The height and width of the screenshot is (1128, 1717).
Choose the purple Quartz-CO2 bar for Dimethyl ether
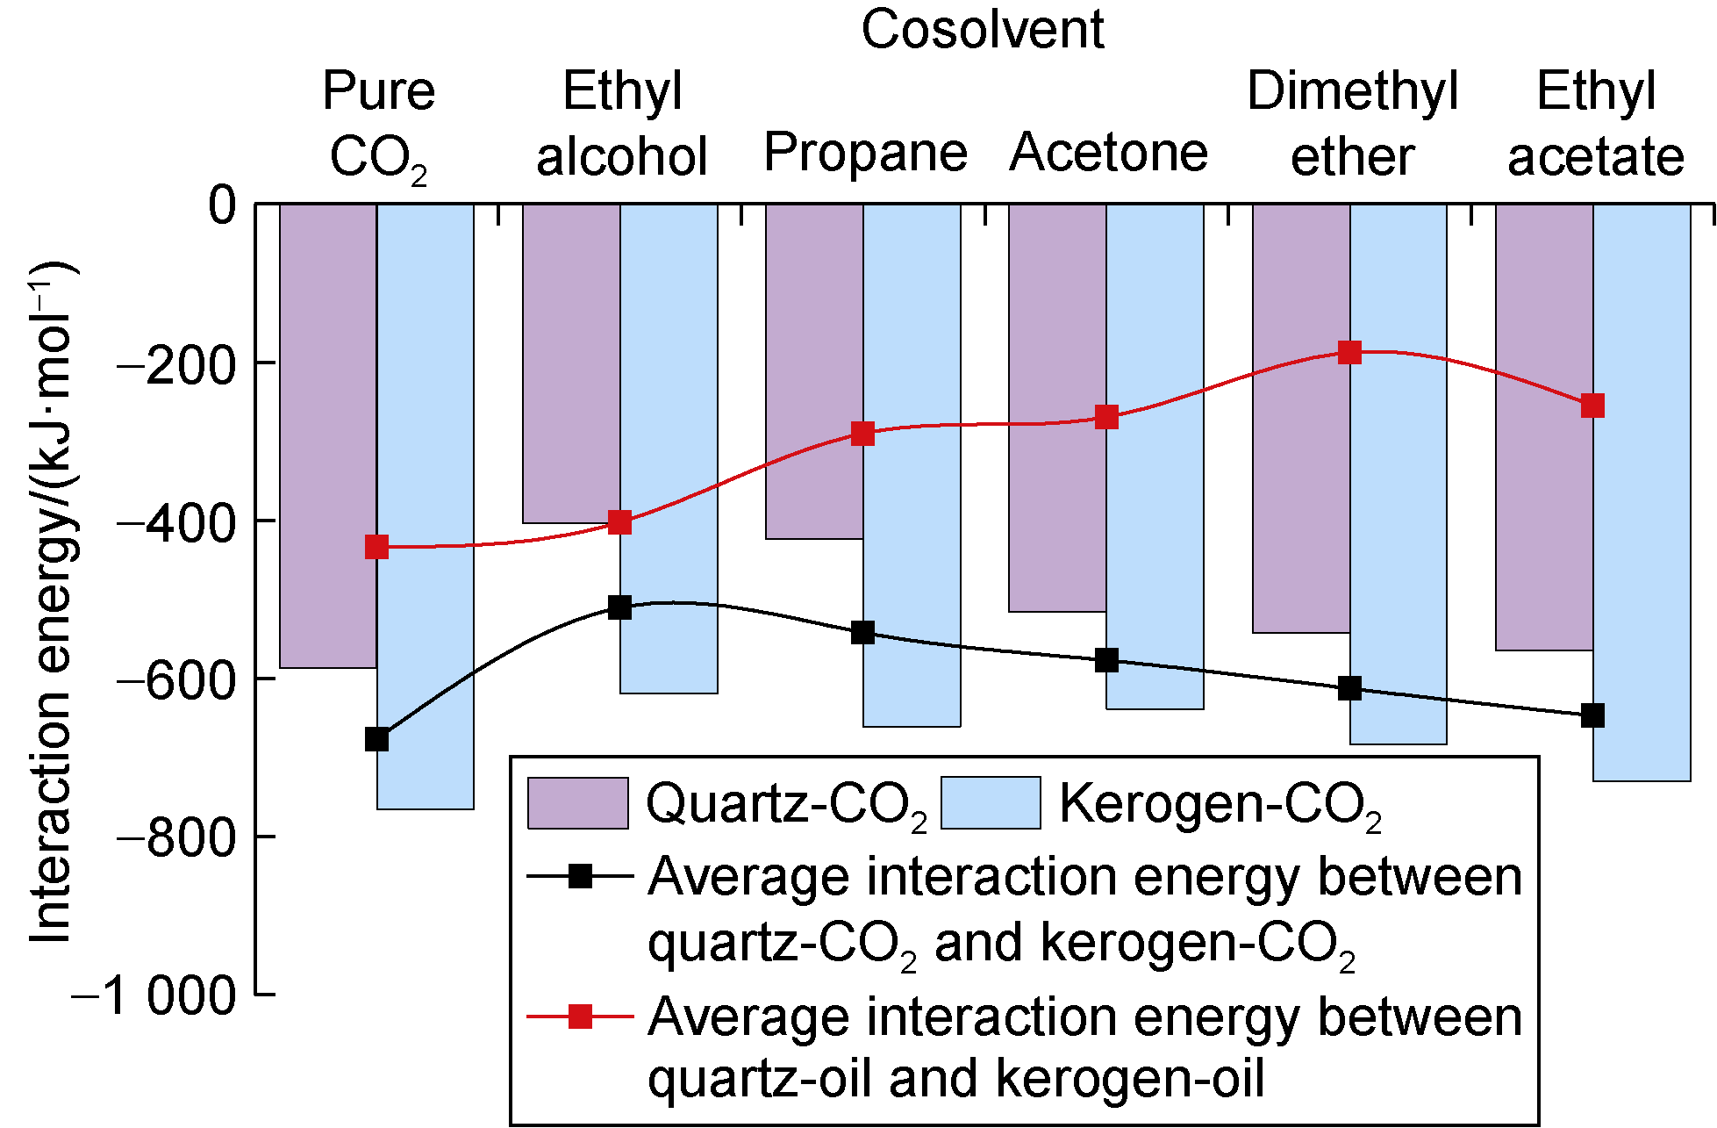(x=1300, y=492)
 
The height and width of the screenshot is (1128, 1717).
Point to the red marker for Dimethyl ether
(x=1349, y=353)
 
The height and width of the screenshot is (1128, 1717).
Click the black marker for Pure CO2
(x=376, y=739)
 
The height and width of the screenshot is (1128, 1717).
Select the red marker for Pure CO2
(x=376, y=547)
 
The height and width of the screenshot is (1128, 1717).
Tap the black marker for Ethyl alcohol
(x=619, y=607)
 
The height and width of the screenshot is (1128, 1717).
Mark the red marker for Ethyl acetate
(x=1592, y=406)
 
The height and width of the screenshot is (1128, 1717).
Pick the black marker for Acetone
(x=1106, y=660)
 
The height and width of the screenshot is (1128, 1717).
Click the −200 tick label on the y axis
(x=176, y=363)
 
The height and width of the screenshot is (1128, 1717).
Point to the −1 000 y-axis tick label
(x=154, y=996)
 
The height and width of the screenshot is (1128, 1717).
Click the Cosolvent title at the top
(x=982, y=30)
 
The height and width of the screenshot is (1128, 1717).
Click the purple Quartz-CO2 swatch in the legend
(x=577, y=803)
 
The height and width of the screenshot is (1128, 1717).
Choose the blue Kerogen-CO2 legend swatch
(x=991, y=803)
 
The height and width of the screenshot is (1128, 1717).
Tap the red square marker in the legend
(x=580, y=1017)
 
